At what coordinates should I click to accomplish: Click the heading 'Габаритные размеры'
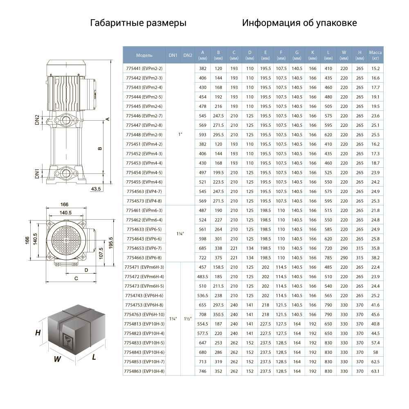pyautogui.click(x=138, y=23)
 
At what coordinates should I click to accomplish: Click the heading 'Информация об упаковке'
pyautogui.click(x=299, y=23)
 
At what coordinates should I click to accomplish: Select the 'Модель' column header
pyautogui.click(x=144, y=55)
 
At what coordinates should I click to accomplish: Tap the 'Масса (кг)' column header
pyautogui.click(x=375, y=55)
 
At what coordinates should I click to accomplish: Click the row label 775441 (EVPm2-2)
pyautogui.click(x=144, y=69)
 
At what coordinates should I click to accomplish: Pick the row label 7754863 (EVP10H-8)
pyautogui.click(x=144, y=371)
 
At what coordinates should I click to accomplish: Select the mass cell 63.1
pyautogui.click(x=375, y=371)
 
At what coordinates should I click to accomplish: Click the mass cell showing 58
pyautogui.click(x=375, y=352)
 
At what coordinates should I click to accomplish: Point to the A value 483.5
pyautogui.click(x=203, y=276)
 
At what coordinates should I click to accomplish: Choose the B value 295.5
pyautogui.click(x=218, y=135)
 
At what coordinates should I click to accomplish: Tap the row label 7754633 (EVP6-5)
pyautogui.click(x=144, y=229)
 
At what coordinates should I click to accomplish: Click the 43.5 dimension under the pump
pyautogui.click(x=96, y=189)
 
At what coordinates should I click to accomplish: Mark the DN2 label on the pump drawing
pyautogui.click(x=37, y=120)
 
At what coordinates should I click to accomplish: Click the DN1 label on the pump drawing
pyautogui.click(x=37, y=174)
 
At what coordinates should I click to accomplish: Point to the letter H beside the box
pyautogui.click(x=38, y=333)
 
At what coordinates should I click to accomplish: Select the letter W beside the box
pyautogui.click(x=57, y=359)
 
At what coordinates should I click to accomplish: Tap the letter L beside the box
pyautogui.click(x=94, y=357)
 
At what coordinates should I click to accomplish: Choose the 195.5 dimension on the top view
pyautogui.click(x=111, y=243)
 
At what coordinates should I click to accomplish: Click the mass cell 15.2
pyautogui.click(x=375, y=69)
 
